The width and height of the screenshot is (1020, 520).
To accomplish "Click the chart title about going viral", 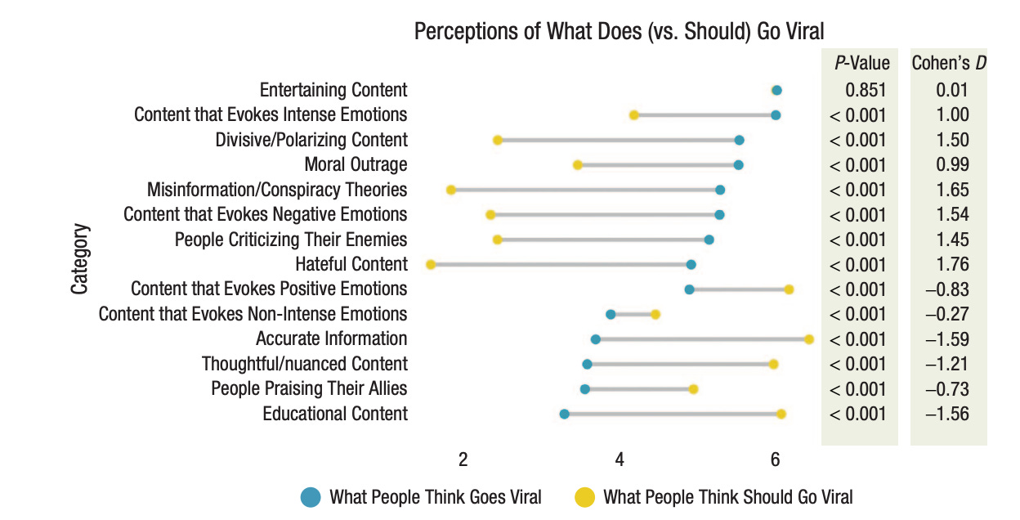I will [x=619, y=31].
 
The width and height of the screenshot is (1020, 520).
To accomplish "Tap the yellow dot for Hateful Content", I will [x=431, y=264].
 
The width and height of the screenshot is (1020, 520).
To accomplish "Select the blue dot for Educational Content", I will [x=564, y=415].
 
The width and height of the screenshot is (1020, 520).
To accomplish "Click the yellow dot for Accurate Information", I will [x=809, y=338].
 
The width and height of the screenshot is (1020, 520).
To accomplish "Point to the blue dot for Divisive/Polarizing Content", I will [x=739, y=141].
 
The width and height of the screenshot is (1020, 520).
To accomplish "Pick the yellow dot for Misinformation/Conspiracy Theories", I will [x=450, y=190].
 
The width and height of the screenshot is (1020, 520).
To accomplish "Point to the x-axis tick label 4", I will [x=619, y=459].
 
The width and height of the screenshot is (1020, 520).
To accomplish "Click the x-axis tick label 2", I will [x=463, y=459].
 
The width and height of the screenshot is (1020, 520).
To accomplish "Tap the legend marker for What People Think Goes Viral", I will [x=311, y=496].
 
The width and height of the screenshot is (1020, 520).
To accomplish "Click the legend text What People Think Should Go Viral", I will [x=727, y=496].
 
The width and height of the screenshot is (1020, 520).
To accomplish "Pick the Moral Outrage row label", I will [x=356, y=164].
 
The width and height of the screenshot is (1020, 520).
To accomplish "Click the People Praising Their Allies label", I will [x=309, y=388].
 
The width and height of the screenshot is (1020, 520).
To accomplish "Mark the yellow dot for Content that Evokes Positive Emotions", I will [x=789, y=289].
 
